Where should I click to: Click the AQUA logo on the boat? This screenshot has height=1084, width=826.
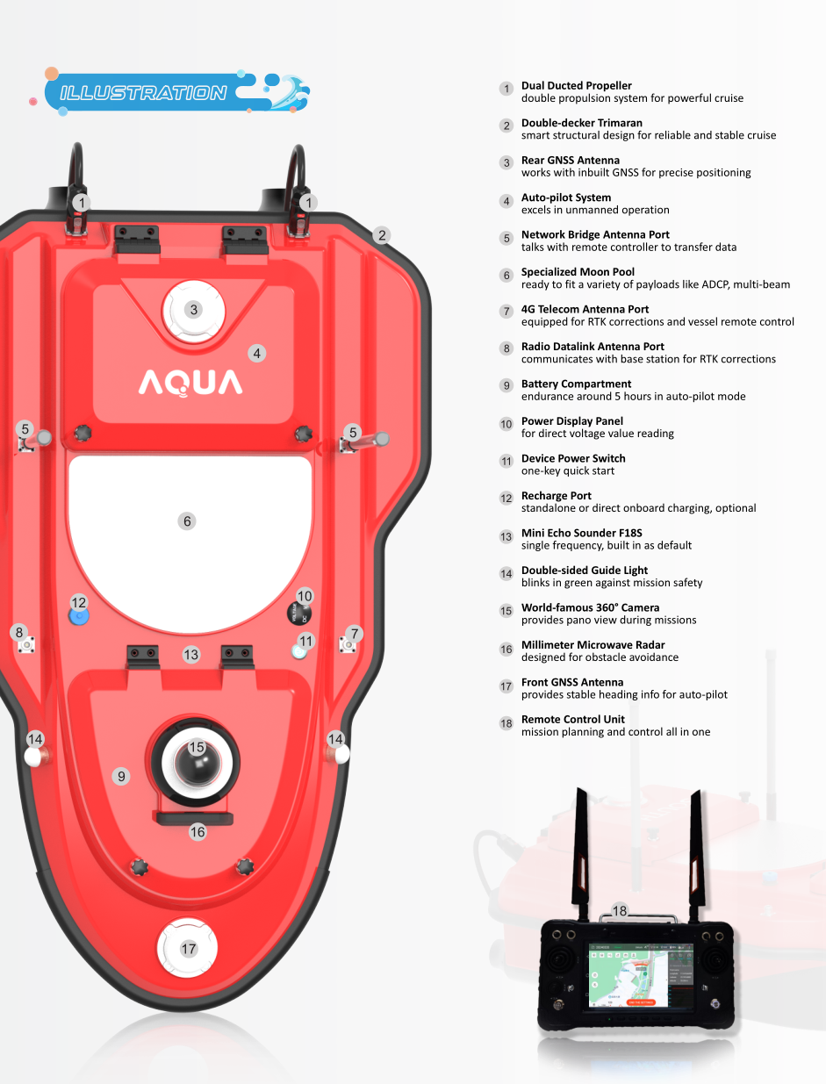click(190, 383)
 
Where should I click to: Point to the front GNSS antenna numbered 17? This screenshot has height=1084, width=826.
click(189, 949)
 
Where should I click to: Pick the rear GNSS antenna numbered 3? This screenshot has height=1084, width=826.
click(194, 309)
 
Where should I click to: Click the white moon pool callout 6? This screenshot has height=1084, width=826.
click(187, 521)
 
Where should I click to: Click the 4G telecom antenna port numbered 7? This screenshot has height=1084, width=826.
click(348, 646)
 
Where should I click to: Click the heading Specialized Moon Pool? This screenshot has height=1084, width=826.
click(578, 272)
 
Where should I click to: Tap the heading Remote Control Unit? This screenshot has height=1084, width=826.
click(572, 719)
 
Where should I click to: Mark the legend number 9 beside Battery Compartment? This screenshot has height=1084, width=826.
click(506, 385)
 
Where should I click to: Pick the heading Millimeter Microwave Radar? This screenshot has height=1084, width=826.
click(593, 645)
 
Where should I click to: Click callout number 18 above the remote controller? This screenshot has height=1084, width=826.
click(620, 911)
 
